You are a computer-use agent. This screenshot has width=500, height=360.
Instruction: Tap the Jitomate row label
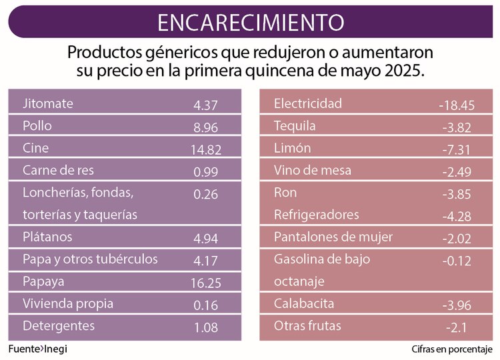pyautogui.click(x=48, y=104)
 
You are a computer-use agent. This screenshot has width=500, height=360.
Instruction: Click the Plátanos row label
pyautogui.click(x=47, y=237)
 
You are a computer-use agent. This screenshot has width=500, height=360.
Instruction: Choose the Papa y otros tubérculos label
pyautogui.click(x=90, y=259)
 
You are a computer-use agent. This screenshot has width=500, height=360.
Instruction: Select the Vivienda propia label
pyautogui.click(x=68, y=303)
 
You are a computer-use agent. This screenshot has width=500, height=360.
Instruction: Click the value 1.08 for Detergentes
pyautogui.click(x=206, y=327)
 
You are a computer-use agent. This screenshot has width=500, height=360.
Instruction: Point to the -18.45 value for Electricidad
pyautogui.click(x=457, y=105)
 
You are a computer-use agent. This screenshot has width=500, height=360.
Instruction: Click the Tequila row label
pyautogui.click(x=295, y=126)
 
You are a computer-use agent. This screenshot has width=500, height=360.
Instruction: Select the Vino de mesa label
pyautogui.click(x=313, y=170)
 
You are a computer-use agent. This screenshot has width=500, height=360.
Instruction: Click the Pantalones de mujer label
pyautogui.click(x=333, y=237)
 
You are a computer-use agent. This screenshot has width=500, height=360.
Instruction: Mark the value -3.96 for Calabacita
pyautogui.click(x=457, y=305)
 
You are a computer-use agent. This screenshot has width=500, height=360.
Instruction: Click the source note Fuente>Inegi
pyautogui.click(x=38, y=349)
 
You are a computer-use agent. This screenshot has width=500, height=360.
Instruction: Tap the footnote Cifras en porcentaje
pyautogui.click(x=451, y=349)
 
